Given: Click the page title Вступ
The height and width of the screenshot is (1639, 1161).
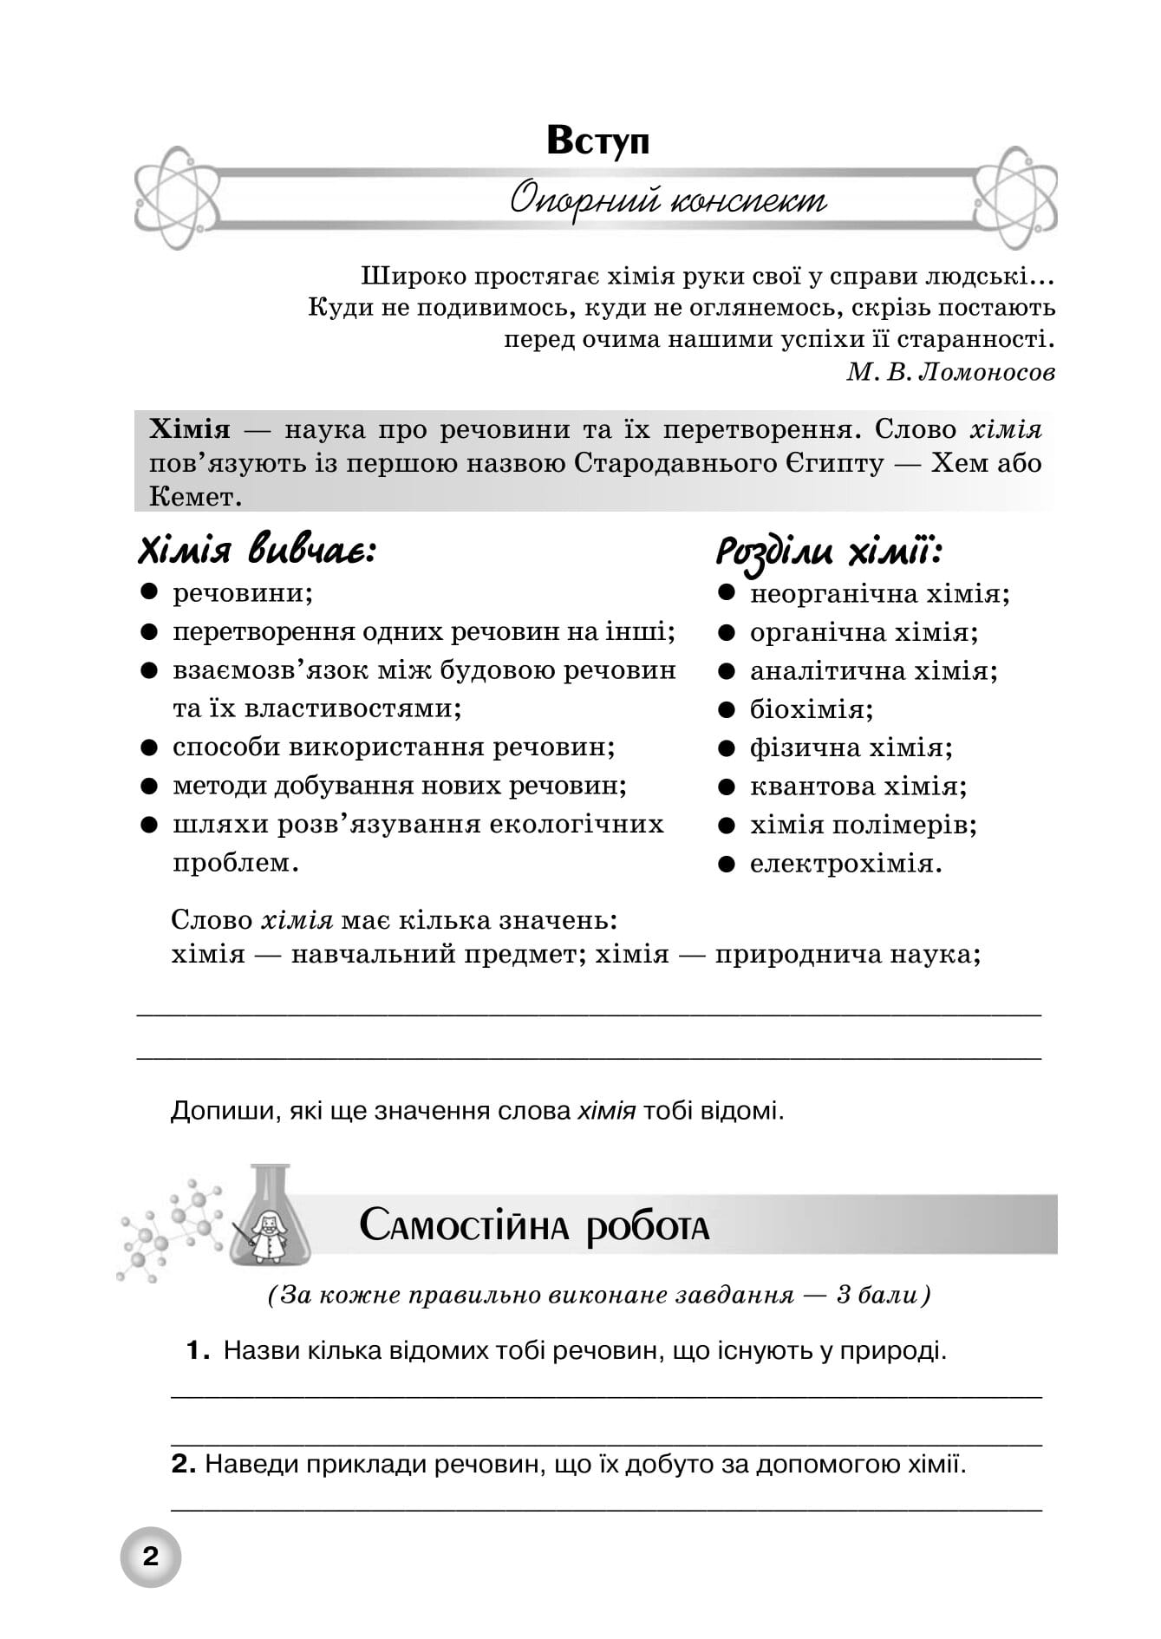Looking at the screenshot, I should tap(597, 140).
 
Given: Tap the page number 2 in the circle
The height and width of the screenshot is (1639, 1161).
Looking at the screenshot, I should tap(151, 1557).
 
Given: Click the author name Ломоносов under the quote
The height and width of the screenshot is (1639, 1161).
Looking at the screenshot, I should tap(986, 372).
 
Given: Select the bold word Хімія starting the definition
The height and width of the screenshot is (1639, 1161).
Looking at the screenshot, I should tap(190, 429).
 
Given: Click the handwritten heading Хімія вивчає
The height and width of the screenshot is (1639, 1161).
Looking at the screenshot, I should tap(257, 551).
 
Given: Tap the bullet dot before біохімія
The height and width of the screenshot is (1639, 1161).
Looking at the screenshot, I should tap(727, 709).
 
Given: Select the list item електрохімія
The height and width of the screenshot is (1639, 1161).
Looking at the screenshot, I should tap(845, 864).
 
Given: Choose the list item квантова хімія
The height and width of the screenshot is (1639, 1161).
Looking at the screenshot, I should tap(858, 787).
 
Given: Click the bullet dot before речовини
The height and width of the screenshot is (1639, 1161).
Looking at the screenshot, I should tap(149, 592).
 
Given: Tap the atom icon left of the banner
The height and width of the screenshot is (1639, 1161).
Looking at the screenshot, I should tap(176, 198).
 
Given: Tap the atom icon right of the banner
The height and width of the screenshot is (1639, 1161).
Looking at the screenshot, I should tap(1014, 198).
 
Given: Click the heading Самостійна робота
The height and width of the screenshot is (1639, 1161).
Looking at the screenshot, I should tap(534, 1226).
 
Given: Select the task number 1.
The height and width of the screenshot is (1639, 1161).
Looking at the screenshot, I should tap(198, 1350).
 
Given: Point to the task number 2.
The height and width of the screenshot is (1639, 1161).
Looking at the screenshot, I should tap(183, 1465).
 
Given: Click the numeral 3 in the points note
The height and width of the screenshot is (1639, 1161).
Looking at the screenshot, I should tap(844, 1296).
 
